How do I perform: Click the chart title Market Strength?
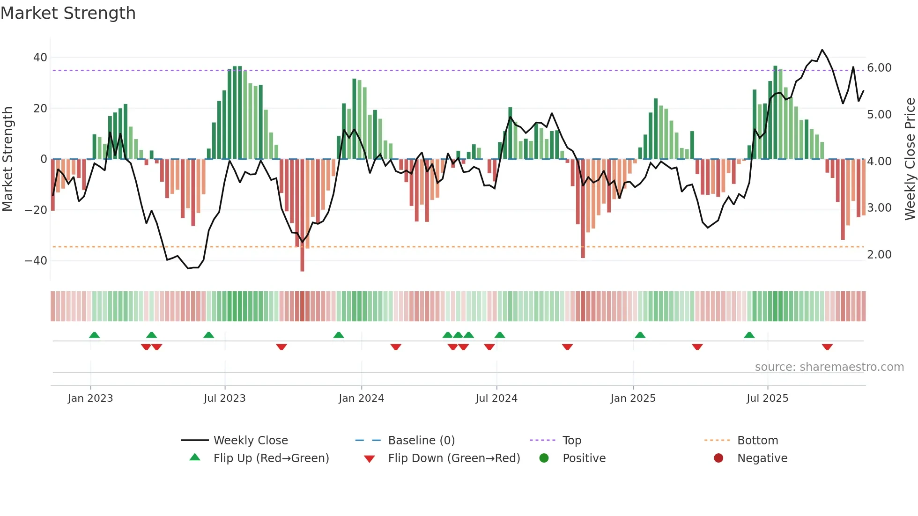point(68,13)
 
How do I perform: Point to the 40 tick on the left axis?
point(40,58)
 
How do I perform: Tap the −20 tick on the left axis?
point(36,210)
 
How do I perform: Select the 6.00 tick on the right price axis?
point(879,68)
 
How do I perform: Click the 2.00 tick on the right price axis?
point(879,255)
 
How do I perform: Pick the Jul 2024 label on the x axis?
point(496,398)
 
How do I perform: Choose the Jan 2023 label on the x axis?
point(90,398)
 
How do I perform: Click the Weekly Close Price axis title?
point(910,159)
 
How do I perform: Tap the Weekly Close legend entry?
point(251,441)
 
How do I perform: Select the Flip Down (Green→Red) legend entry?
point(454,458)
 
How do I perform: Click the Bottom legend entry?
point(757,441)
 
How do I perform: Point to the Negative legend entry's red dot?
point(718,458)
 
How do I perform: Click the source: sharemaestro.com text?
point(829,367)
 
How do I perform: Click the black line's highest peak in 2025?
point(822,50)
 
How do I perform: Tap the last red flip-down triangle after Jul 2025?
point(827,347)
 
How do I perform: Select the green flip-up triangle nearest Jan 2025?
point(640,335)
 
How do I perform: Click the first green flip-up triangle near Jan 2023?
point(94,335)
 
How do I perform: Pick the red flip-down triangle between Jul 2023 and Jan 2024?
point(281,347)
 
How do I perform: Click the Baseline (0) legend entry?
point(421,441)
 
